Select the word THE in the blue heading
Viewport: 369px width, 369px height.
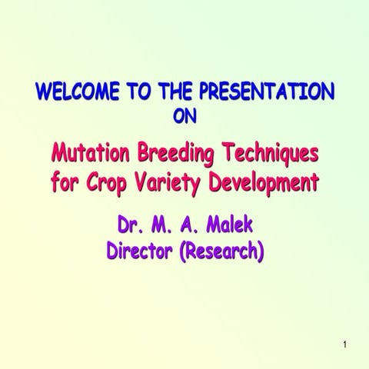tap(175, 93)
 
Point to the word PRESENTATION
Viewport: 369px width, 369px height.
tap(268, 93)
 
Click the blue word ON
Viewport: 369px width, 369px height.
tap(185, 117)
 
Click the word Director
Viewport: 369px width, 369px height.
tap(140, 251)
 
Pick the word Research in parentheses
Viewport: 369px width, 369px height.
tap(223, 251)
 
